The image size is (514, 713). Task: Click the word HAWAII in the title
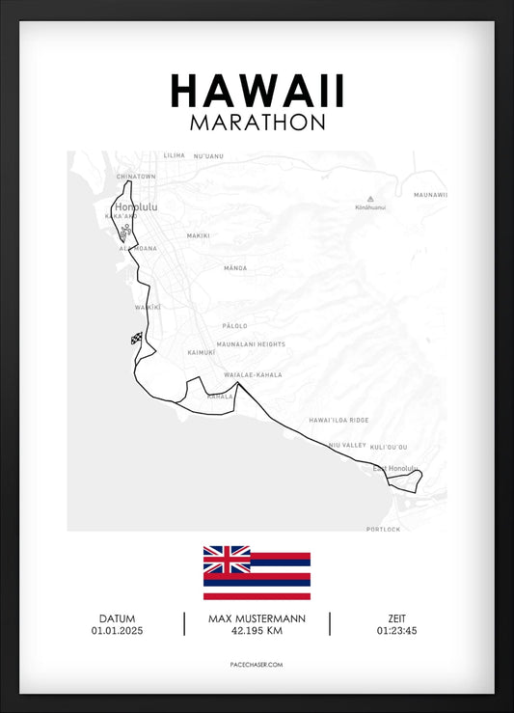[x=257, y=91]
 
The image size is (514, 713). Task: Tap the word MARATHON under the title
[x=257, y=123]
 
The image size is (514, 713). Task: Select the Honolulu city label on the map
[x=135, y=206]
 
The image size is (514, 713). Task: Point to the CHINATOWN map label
[x=136, y=177]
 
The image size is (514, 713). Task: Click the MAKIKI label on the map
[x=198, y=235]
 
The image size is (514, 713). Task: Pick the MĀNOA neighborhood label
[x=234, y=267]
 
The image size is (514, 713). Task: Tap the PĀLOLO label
[x=234, y=326]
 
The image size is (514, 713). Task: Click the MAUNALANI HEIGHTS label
[x=252, y=343]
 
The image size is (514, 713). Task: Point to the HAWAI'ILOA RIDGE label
[x=338, y=421]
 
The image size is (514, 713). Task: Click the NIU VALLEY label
[x=347, y=445]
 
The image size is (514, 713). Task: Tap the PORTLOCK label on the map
[x=383, y=529]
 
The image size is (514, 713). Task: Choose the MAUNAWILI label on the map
[x=430, y=195]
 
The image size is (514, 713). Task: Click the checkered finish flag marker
[x=136, y=338]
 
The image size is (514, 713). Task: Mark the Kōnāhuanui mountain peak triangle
[x=370, y=199]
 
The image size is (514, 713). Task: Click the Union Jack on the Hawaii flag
[x=227, y=560]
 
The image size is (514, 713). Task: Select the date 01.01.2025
[x=117, y=631]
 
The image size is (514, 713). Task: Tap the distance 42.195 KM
[x=257, y=631]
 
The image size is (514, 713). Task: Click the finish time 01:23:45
[x=397, y=631]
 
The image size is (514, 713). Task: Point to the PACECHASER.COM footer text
[x=257, y=665]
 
